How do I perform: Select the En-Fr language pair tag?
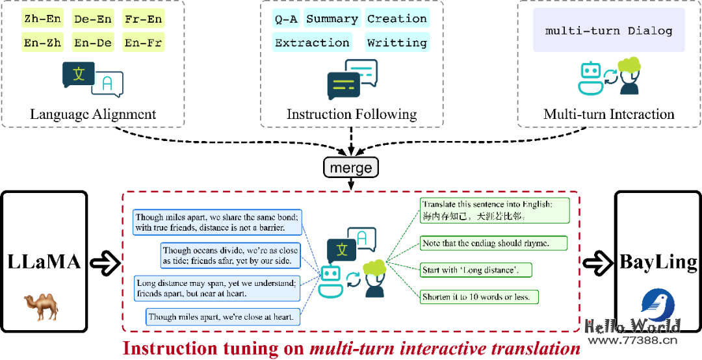click(x=144, y=43)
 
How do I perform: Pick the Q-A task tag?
click(x=286, y=19)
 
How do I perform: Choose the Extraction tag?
click(x=313, y=43)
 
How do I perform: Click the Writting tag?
click(x=397, y=43)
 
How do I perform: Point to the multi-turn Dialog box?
click(x=609, y=31)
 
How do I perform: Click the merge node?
click(x=351, y=168)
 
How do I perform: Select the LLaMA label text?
click(x=44, y=263)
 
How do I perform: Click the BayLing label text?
click(x=658, y=263)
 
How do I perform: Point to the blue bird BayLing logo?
click(x=658, y=305)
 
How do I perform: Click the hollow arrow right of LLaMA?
click(x=105, y=263)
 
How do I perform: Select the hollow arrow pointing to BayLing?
click(x=597, y=263)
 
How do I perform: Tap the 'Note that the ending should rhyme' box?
click(x=493, y=243)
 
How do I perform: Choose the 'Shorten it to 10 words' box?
click(x=480, y=297)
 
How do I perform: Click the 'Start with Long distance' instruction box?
click(x=476, y=270)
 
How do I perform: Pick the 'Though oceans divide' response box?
click(x=231, y=255)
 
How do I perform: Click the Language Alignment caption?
click(x=93, y=114)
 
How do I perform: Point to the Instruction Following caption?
click(x=352, y=114)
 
